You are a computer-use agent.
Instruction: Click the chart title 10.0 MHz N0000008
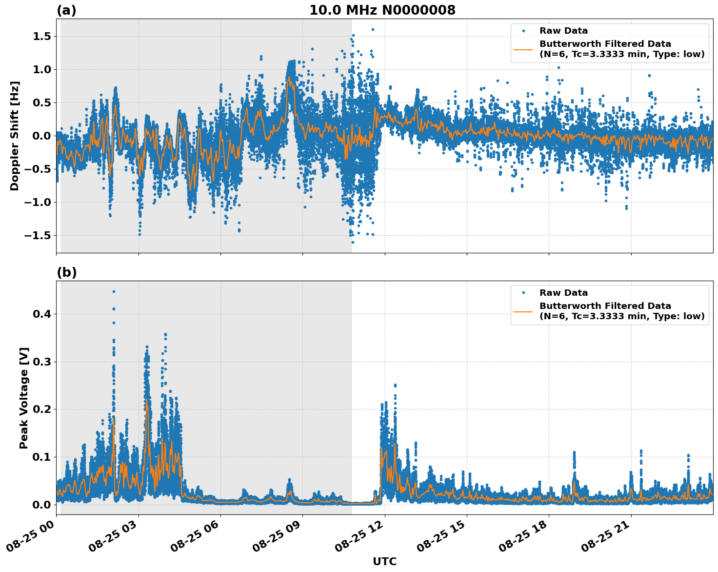pyautogui.click(x=382, y=10)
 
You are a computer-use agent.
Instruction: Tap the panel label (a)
pyautogui.click(x=66, y=10)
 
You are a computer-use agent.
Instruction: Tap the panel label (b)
pyautogui.click(x=66, y=272)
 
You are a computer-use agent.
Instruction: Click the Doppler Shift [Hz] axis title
pyautogui.click(x=15, y=136)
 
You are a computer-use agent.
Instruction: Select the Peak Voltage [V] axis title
pyautogui.click(x=24, y=398)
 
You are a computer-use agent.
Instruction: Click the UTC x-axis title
pyautogui.click(x=384, y=561)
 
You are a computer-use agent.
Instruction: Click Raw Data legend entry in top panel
pyautogui.click(x=563, y=31)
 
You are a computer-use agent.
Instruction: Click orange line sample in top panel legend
pyautogui.click(x=523, y=49)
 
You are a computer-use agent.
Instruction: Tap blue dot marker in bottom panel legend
pyautogui.click(x=523, y=293)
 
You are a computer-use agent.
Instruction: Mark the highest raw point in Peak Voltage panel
pyautogui.click(x=114, y=291)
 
